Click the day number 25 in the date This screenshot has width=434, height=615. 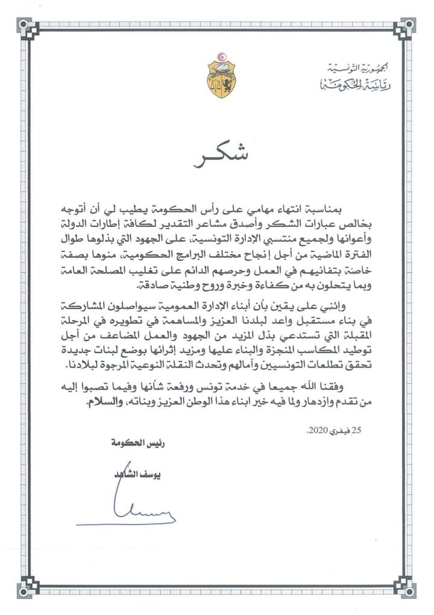click(x=374, y=431)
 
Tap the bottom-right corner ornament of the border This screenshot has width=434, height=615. click(x=407, y=587)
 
